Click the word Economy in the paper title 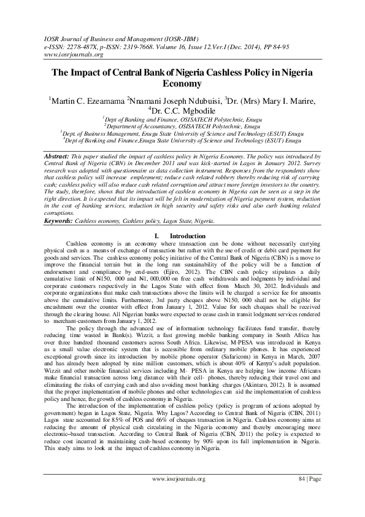click(182, 83)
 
